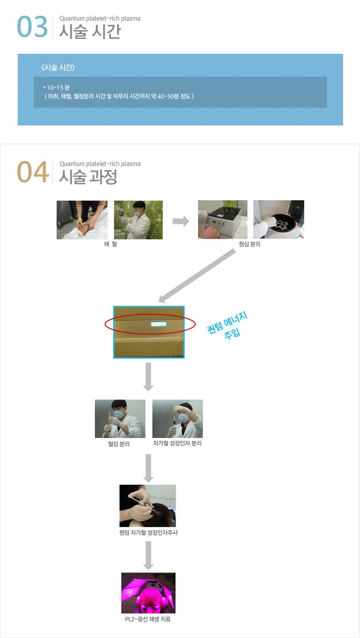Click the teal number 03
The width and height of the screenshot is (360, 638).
click(32, 27)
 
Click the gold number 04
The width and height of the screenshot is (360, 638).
click(33, 172)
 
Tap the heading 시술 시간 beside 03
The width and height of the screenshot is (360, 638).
click(90, 31)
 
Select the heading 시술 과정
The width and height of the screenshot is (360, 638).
click(88, 177)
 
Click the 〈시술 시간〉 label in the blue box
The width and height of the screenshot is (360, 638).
click(58, 67)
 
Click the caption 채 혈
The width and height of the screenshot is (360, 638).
click(110, 244)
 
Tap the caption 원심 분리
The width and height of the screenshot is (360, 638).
click(250, 244)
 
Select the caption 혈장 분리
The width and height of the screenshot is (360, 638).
click(119, 444)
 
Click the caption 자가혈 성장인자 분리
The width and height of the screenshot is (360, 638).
click(177, 443)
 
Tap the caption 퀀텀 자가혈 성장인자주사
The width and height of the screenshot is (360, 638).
click(148, 532)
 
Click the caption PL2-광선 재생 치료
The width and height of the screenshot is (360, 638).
click(148, 619)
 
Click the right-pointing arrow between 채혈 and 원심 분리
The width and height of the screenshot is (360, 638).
click(181, 221)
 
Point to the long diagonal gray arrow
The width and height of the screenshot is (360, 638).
click(197, 275)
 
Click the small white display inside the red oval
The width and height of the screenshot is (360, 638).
click(159, 324)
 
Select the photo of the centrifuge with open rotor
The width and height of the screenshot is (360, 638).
click(278, 219)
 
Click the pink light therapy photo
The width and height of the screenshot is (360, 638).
click(148, 593)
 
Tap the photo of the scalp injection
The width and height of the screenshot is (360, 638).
click(148, 506)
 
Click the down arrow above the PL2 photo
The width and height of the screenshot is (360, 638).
click(148, 555)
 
